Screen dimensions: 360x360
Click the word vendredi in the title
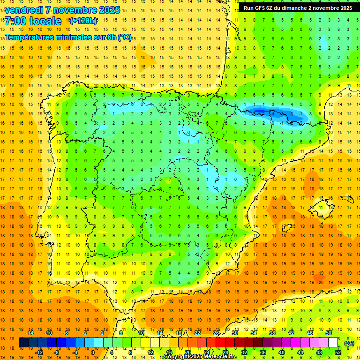pos(23,10)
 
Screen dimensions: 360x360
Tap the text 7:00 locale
pos(33,21)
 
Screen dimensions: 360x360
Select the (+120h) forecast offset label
pos(83,21)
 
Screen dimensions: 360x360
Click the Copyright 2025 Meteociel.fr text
pos(200,357)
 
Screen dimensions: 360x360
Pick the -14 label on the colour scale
pos(30,333)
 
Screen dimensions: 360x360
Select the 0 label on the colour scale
pos(92,352)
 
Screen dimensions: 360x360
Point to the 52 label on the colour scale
pos(337,352)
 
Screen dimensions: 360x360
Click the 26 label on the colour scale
pos(216,333)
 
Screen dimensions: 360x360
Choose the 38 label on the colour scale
pos(272,333)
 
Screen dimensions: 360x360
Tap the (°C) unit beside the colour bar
pos(349,343)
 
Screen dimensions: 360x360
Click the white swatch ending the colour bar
pos(333,343)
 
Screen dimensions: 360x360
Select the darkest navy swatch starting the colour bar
pos(23,343)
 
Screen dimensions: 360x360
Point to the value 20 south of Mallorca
pos(320,282)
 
